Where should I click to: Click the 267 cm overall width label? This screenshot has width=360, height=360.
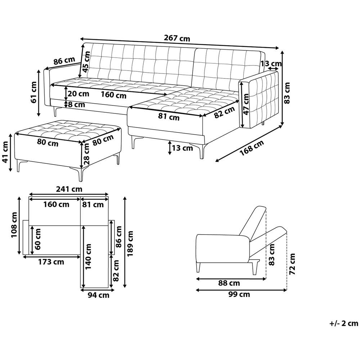point(177,38)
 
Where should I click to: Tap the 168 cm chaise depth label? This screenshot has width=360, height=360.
point(252,148)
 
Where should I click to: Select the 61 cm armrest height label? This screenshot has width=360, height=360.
point(34,92)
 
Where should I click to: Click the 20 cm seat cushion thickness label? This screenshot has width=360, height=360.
point(78,94)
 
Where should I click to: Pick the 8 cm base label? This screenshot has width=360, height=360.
point(76,105)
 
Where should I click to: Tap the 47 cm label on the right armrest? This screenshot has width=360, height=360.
point(246,104)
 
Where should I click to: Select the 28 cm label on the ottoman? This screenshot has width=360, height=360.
point(86,154)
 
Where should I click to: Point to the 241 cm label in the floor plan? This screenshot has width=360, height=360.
point(69,189)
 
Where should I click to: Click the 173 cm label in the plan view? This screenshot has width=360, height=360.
point(51,262)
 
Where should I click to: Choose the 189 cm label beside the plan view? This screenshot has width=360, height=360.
point(130,244)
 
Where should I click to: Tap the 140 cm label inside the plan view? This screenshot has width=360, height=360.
point(89,256)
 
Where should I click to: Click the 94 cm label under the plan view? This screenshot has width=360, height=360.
point(99,295)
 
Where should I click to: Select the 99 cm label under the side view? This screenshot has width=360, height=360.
point(239,294)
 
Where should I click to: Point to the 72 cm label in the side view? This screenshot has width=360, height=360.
point(292,264)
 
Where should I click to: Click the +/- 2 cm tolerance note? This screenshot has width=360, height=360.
point(344,323)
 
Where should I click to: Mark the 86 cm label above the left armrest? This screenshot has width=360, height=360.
point(64,61)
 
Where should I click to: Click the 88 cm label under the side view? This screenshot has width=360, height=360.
point(229,283)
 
